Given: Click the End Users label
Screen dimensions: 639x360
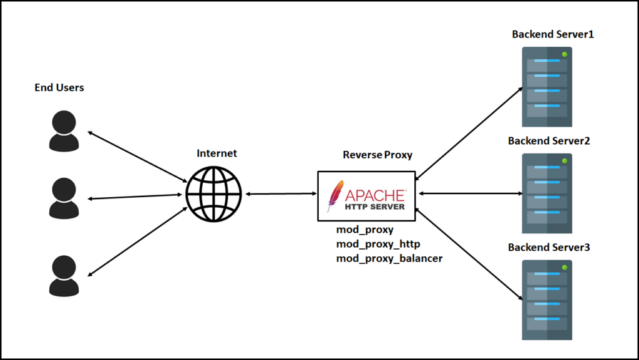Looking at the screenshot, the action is pyautogui.click(x=59, y=87).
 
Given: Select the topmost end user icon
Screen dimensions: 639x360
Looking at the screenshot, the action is pyautogui.click(x=64, y=131).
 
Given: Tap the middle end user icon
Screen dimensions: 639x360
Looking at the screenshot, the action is pyautogui.click(x=64, y=198).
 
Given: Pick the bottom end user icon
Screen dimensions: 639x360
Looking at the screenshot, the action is pyautogui.click(x=64, y=276).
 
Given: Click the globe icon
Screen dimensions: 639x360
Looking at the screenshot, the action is pyautogui.click(x=213, y=194).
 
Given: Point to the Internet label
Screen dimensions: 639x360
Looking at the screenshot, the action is pyautogui.click(x=217, y=153).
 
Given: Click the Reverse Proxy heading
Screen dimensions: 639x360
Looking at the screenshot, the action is pyautogui.click(x=378, y=155).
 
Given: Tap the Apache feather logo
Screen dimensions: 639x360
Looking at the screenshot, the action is pyautogui.click(x=335, y=196).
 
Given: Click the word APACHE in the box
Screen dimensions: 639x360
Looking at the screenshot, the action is pyautogui.click(x=375, y=195).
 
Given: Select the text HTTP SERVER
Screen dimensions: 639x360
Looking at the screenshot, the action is pyautogui.click(x=375, y=207).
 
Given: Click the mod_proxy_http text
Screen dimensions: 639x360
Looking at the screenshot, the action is pyautogui.click(x=378, y=244).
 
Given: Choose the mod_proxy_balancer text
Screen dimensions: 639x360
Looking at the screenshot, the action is pyautogui.click(x=389, y=258).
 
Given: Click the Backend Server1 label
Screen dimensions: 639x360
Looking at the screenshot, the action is pyautogui.click(x=553, y=34).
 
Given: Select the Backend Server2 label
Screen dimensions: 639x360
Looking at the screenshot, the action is pyautogui.click(x=549, y=141).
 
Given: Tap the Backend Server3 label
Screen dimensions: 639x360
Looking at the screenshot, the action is pyautogui.click(x=549, y=247).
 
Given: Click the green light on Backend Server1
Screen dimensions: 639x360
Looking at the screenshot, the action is pyautogui.click(x=564, y=54).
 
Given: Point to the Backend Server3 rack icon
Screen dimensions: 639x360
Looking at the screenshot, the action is pyautogui.click(x=547, y=300).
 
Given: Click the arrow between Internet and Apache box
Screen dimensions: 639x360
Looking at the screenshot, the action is pyautogui.click(x=281, y=194).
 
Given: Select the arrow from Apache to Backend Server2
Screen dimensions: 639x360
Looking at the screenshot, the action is pyautogui.click(x=471, y=193).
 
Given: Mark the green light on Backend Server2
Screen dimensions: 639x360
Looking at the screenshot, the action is pyautogui.click(x=564, y=161).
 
